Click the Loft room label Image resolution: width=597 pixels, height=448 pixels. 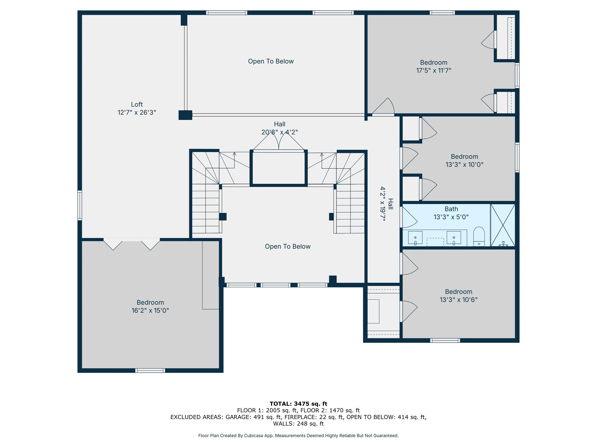pos(137,104)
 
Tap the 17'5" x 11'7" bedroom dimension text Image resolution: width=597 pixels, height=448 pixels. pos(434,70)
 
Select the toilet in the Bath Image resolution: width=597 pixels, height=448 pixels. pos(479,236)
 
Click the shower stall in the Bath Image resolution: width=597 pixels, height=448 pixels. pos(503,225)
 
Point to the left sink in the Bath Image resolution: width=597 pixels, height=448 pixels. pos(415,238)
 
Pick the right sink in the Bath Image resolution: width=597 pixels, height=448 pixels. pos(454,238)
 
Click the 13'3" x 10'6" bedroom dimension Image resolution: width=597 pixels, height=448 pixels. pos(458,300)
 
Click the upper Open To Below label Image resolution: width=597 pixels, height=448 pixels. pos(271,61)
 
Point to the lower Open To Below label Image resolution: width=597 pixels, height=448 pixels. pos(288,247)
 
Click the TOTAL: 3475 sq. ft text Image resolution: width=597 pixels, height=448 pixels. pos(298,404)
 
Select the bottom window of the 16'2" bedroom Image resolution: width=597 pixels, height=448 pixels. pos(150,371)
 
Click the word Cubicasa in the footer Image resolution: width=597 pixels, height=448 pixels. pos(254,436)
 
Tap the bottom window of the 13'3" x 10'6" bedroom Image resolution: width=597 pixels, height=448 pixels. pos(445,340)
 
